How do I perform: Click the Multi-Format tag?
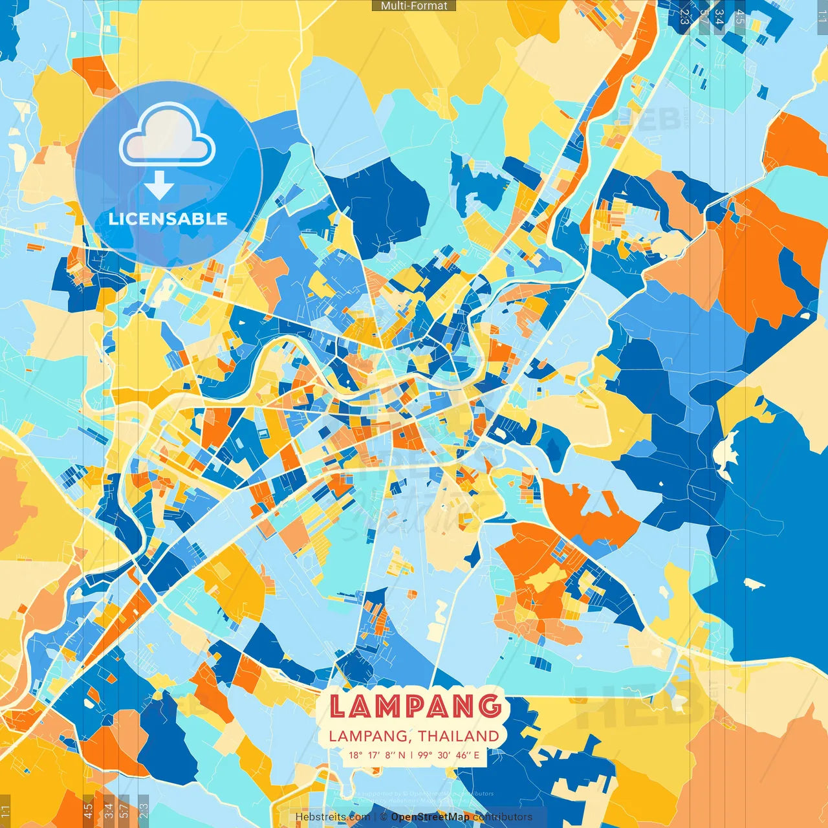point(414,6)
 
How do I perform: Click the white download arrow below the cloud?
point(158,186)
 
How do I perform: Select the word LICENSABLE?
point(168,219)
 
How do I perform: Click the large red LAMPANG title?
point(415,706)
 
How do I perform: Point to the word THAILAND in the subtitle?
point(459,736)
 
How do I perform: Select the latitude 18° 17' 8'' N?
point(377,755)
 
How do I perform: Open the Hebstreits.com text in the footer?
point(332,817)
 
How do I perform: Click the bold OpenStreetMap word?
point(430,817)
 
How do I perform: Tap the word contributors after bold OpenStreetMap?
point(502,817)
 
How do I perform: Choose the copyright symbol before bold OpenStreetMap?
point(383,817)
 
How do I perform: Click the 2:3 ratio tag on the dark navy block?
point(684,16)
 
